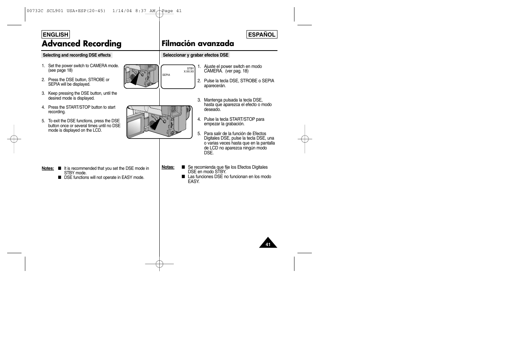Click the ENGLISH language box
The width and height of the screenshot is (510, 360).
55,34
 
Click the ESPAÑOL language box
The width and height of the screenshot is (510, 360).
262,34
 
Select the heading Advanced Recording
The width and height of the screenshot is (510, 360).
82,44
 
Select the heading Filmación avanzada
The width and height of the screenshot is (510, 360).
198,44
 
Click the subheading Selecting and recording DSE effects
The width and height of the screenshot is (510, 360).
77,55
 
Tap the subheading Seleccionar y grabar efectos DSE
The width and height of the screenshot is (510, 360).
196,55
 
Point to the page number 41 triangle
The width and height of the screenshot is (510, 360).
268,244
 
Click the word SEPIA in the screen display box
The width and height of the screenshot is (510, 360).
166,75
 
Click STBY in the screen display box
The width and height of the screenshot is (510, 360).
190,69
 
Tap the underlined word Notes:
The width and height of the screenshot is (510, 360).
48,168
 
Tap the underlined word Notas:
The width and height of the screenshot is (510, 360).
168,167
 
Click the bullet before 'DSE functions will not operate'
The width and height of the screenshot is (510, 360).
60,177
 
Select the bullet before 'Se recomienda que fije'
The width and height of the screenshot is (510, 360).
183,167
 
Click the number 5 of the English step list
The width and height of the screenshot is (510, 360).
43,121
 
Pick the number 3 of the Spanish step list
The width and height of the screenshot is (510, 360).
199,100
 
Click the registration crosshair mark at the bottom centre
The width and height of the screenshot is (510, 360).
159,264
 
